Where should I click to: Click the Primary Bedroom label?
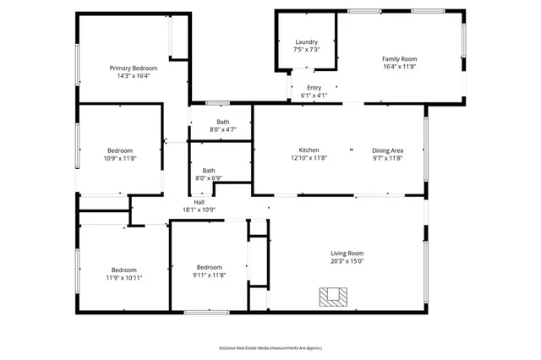point(134,68)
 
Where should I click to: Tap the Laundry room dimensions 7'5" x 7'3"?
point(306,50)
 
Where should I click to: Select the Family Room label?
point(400,58)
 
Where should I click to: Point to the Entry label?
point(314,88)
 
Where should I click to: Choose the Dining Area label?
point(388,150)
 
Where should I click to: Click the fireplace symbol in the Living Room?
point(331,296)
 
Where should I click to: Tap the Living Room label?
point(347,253)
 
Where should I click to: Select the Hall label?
point(199,202)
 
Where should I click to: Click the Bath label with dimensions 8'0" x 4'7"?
point(222,122)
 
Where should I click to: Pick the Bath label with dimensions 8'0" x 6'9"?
point(208,171)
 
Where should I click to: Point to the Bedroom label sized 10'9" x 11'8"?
point(119,150)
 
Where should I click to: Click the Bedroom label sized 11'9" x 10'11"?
point(124,270)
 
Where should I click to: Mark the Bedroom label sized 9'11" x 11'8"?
point(209,267)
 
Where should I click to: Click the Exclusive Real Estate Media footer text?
point(270,347)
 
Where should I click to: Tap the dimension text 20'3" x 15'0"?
point(347,261)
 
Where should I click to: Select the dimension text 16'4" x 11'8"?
point(400,67)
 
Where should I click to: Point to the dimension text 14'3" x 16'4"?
point(134,75)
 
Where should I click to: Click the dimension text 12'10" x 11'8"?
point(309,157)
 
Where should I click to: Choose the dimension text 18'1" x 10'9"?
point(199,210)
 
